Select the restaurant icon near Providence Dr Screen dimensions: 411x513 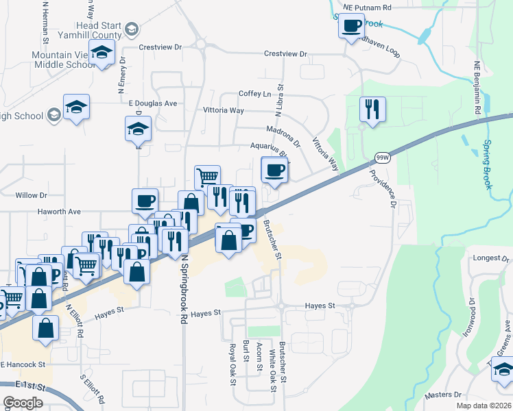[x=372, y=109]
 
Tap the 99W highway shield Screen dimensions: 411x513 [x=382, y=158]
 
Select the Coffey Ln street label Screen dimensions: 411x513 [x=254, y=94]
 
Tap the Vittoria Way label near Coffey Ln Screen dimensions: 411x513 [x=224, y=110]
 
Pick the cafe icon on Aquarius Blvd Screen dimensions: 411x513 [x=275, y=170]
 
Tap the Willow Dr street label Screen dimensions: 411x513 [x=31, y=195]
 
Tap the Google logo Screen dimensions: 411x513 [x=23, y=403]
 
